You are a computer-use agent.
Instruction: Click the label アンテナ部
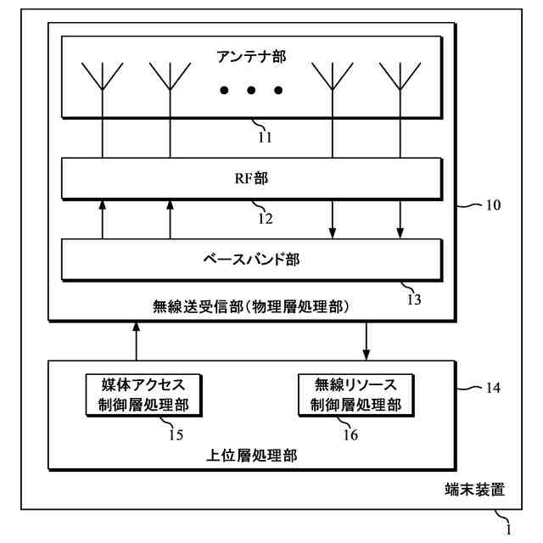click(x=252, y=57)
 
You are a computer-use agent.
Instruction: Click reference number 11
click(x=266, y=134)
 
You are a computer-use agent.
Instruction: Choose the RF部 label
click(x=252, y=179)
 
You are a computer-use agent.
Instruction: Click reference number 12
click(x=266, y=218)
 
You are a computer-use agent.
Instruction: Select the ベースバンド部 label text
click(x=252, y=260)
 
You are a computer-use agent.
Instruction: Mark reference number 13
click(x=413, y=298)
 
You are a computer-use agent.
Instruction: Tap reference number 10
click(x=493, y=205)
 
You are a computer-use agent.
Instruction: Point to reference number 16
click(x=350, y=434)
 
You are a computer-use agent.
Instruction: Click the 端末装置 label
click(x=475, y=490)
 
